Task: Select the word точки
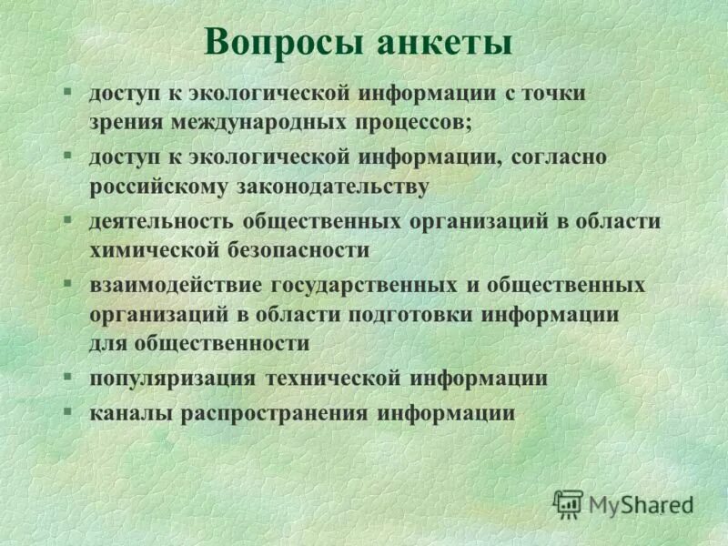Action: [x=554, y=94]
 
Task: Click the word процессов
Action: [x=413, y=121]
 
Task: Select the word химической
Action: [x=145, y=249]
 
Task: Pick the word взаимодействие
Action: [x=173, y=285]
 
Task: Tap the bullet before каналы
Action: [x=67, y=411]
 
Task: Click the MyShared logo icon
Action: [x=568, y=503]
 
